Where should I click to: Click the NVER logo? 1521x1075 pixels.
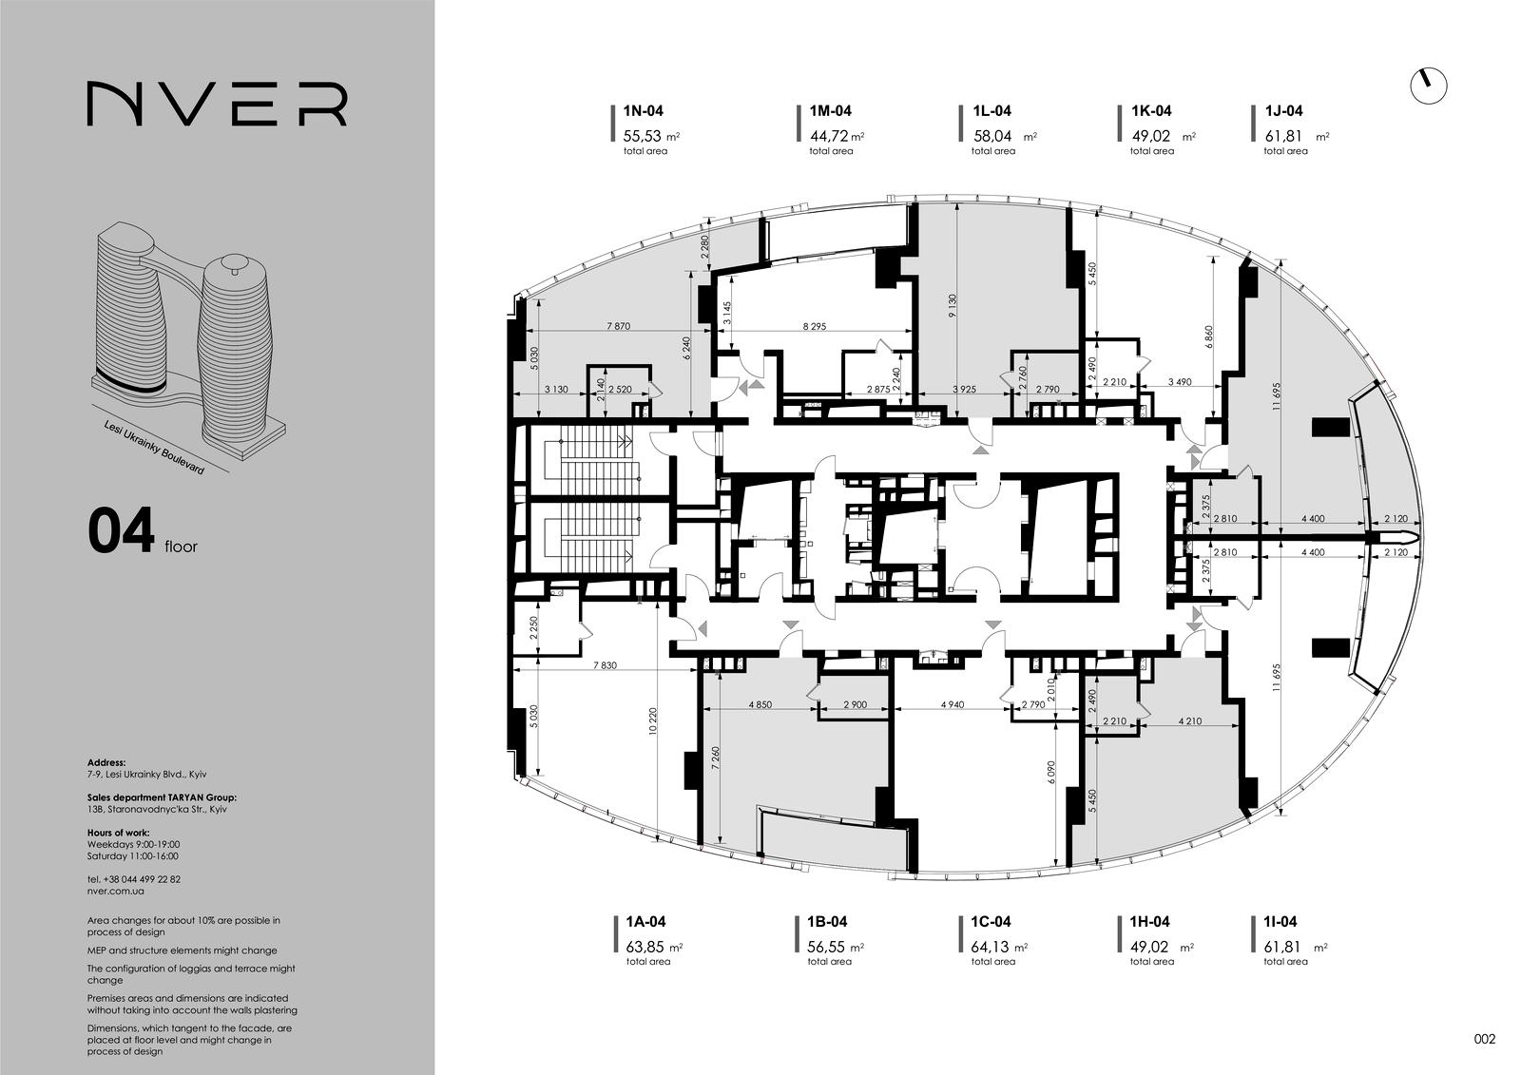[217, 104]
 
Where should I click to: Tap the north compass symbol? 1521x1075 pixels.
[1429, 86]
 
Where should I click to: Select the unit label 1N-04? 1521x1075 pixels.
[643, 110]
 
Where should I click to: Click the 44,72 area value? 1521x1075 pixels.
[829, 136]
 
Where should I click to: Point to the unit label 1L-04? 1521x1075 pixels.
[992, 110]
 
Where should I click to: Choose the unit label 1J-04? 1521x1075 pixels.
[1284, 110]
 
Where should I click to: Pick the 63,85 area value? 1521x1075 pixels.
[645, 947]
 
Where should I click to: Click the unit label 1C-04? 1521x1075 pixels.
[991, 922]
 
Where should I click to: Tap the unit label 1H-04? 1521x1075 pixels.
[1149, 922]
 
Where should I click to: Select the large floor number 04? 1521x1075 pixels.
[122, 531]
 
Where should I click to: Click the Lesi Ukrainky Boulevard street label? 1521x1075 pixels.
[154, 448]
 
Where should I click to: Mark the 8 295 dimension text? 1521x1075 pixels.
[814, 326]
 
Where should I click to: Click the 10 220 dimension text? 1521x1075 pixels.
[653, 720]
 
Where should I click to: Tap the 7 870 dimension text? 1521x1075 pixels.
[618, 326]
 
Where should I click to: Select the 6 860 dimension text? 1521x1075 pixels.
[1208, 337]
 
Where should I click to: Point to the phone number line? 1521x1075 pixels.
[134, 879]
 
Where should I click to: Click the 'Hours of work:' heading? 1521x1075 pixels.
[118, 833]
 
